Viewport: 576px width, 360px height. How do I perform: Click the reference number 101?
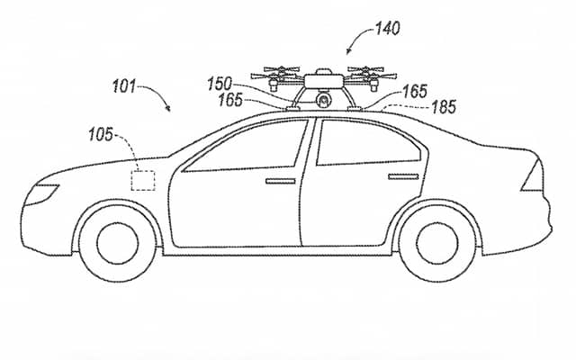[x=126, y=87]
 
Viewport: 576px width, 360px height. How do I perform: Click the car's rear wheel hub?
[x=436, y=239]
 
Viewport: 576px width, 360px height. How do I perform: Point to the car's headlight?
[x=42, y=192]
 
